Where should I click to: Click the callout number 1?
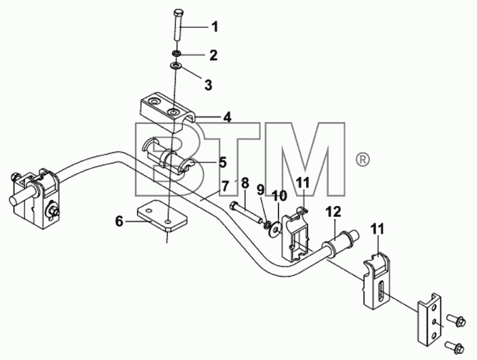pos(215,26)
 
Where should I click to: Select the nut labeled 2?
pos(176,54)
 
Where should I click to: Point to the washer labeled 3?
pos(176,66)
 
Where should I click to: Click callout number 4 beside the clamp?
pos(227,117)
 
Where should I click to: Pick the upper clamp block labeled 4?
pos(168,110)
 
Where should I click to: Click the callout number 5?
pos(222,162)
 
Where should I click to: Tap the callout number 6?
pos(119,221)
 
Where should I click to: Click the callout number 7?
pos(224,186)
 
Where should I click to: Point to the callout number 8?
pos(245,184)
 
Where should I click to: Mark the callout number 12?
pos(334,212)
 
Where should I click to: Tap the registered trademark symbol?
pos(362,159)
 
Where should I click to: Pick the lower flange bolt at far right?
pos(454,346)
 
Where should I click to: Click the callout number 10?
pos(280,196)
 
